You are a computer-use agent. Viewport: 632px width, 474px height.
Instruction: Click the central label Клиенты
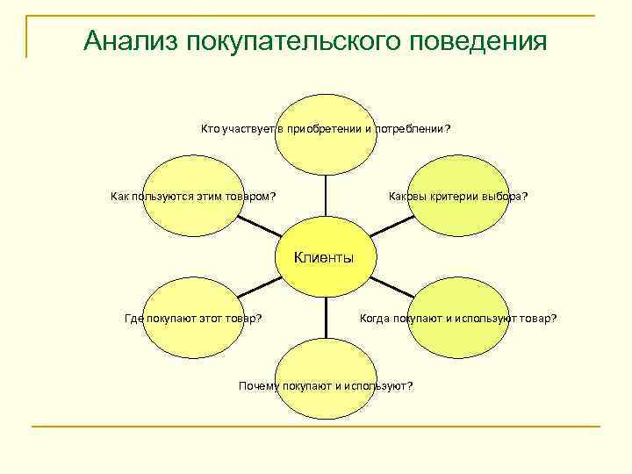[x=324, y=257]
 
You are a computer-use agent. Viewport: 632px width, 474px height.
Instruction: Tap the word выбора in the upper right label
[x=507, y=196]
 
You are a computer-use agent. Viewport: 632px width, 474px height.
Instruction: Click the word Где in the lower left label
[x=133, y=319]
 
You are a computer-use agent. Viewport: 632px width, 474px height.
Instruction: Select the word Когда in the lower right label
[x=375, y=319]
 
